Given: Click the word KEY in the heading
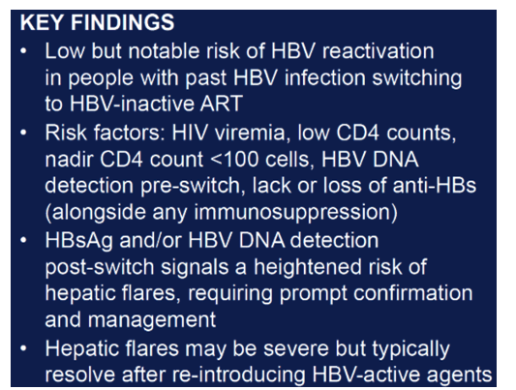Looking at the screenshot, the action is point(42,22).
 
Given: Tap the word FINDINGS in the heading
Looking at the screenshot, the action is point(122,22).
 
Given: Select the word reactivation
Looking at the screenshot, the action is point(379,51).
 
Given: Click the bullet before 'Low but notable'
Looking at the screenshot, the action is point(23,51).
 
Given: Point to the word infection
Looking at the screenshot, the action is point(325,78).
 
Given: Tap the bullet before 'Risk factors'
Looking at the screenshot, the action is point(23,133).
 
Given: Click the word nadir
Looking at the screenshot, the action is point(69,160).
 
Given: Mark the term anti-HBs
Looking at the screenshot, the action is point(435,186).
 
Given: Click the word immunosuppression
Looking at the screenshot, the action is point(296,213).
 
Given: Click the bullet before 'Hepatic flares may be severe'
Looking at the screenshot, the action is point(23,348).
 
